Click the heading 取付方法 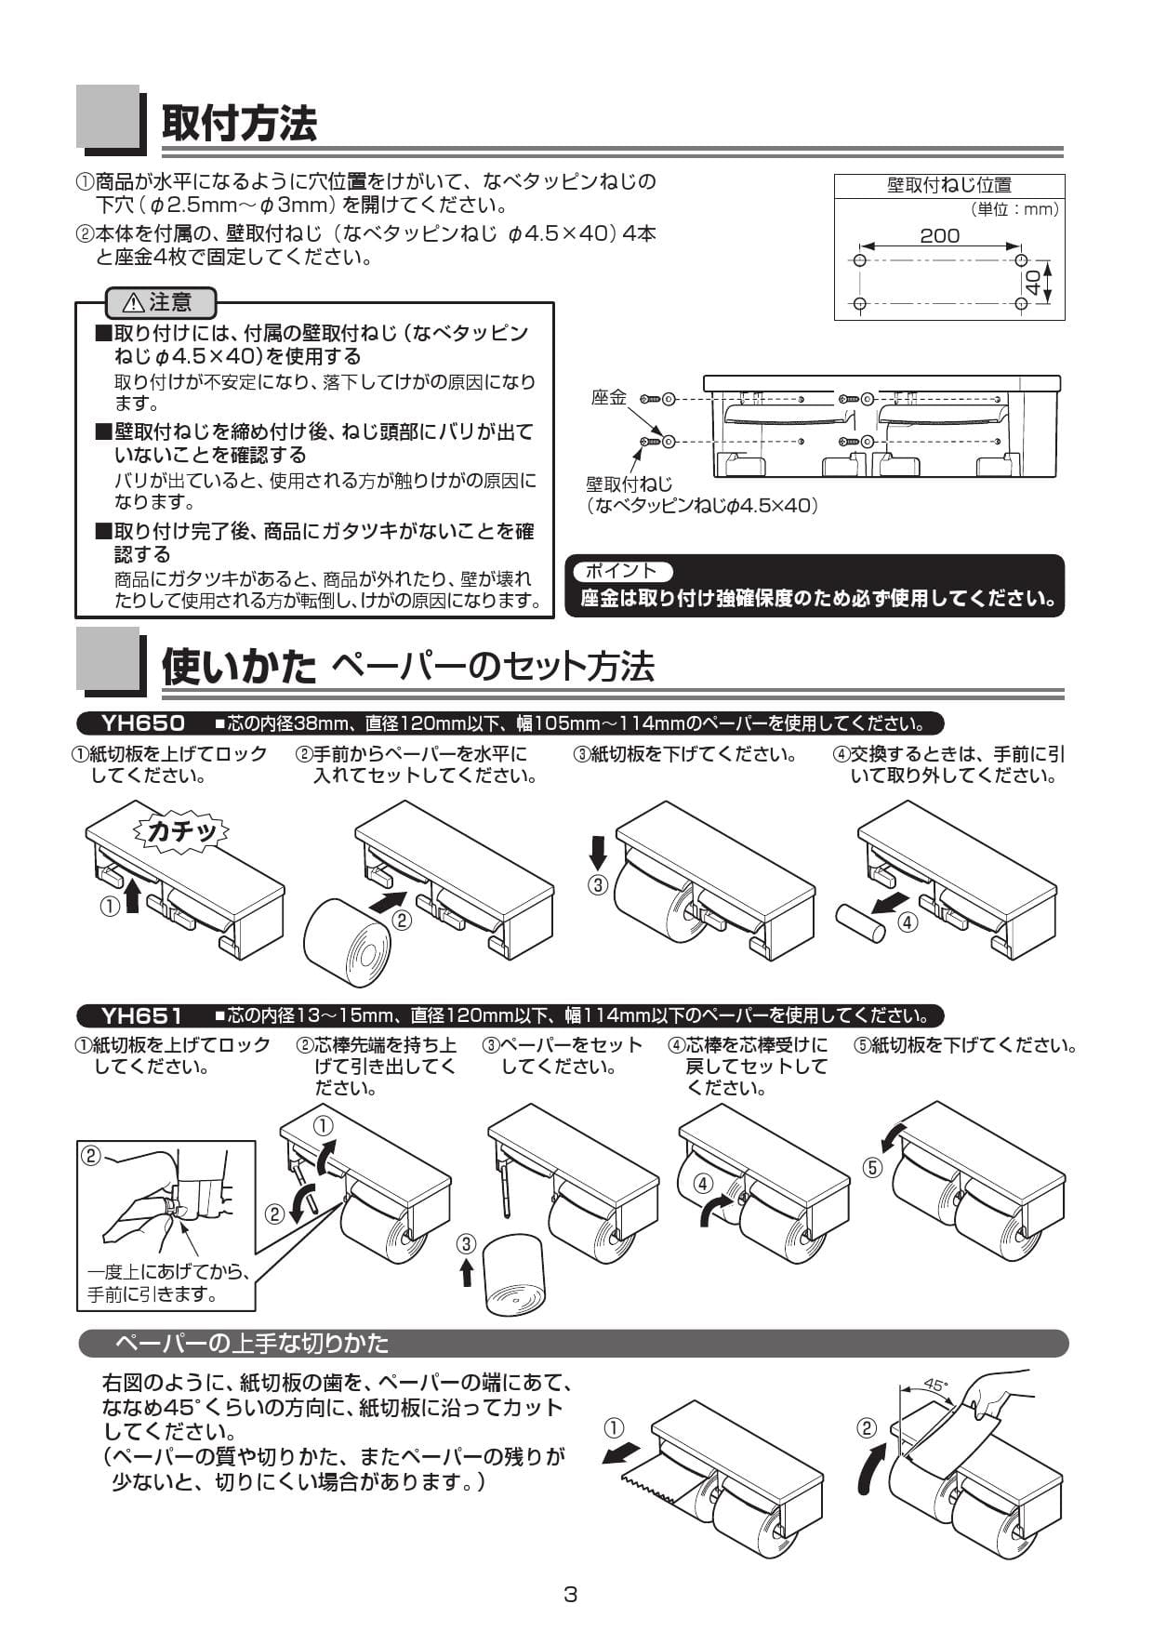point(239,124)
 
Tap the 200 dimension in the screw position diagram point(939,236)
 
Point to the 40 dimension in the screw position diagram point(1032,282)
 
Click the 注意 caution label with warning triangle point(161,302)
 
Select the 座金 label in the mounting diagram point(609,397)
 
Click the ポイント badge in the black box point(620,571)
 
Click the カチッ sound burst point(182,830)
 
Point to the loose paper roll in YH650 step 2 point(348,942)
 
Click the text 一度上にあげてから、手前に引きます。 point(167,1282)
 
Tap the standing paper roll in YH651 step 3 point(515,1274)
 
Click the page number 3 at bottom point(571,1594)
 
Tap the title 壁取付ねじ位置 point(948,185)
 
